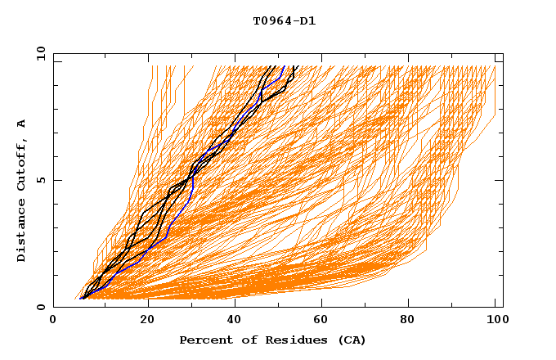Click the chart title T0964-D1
[284, 21]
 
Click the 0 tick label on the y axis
[40, 308]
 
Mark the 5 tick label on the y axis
[40, 180]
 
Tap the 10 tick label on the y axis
[38, 53]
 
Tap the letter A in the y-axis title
[21, 124]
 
